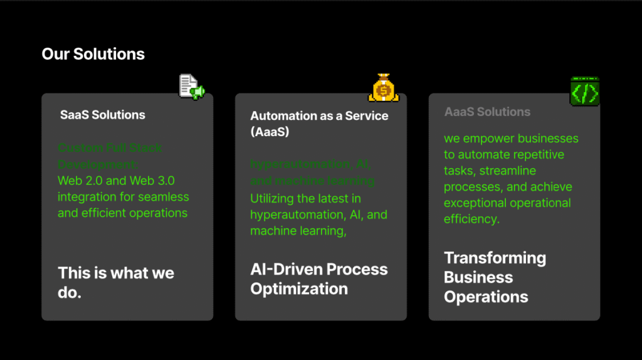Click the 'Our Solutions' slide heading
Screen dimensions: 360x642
93,54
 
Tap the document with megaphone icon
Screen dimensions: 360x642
192,87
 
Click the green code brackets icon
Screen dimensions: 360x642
584,92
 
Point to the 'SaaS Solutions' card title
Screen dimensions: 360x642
103,115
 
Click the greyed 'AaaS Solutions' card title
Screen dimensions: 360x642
487,112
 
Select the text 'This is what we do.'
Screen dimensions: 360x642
116,283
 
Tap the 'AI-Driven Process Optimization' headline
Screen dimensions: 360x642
319,279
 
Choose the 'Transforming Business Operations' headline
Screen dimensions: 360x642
495,277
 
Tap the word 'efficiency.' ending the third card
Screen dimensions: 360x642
471,219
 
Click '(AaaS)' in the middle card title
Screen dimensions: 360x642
270,132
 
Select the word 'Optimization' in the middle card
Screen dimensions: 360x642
299,289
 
